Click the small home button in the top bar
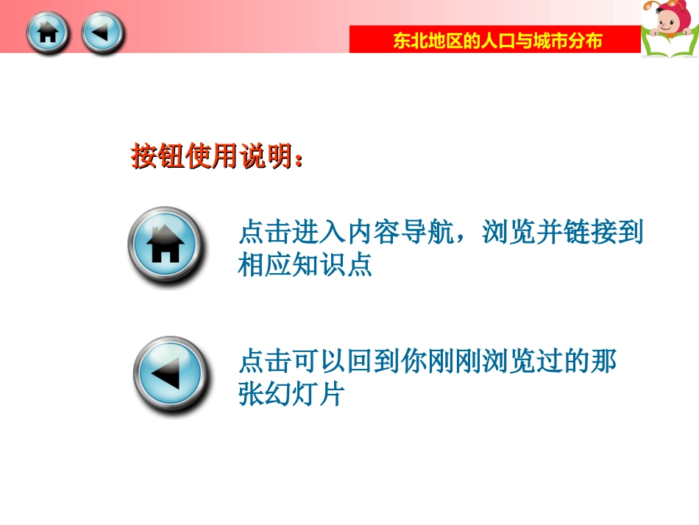(47, 33)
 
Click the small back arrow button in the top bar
(102, 33)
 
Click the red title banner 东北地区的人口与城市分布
(494, 40)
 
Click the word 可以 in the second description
(319, 362)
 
